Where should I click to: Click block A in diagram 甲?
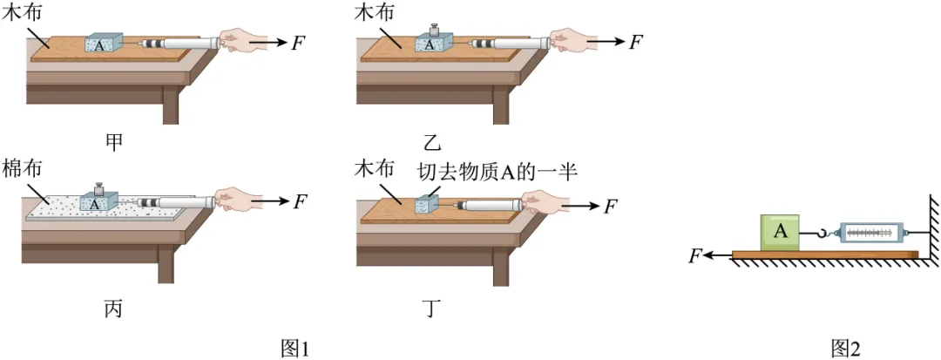tap(103, 44)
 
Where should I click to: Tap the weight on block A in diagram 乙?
tap(433, 30)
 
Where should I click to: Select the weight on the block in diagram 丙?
tap(99, 188)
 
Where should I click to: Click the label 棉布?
tap(23, 168)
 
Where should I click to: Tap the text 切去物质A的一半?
tap(498, 173)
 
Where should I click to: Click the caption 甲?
tap(113, 142)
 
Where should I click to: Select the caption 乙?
tap(432, 142)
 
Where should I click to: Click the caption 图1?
tap(296, 348)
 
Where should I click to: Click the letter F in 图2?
tap(695, 256)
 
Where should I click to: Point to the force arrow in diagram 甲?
tap(269, 43)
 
